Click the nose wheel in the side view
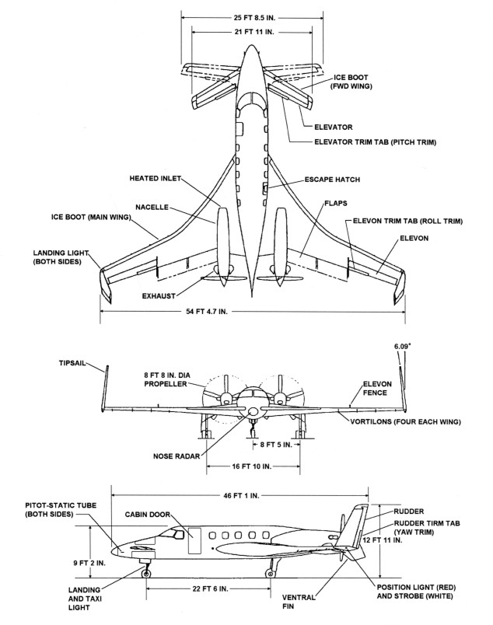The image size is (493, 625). [x=146, y=574]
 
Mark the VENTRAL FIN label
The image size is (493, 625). [x=298, y=603]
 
